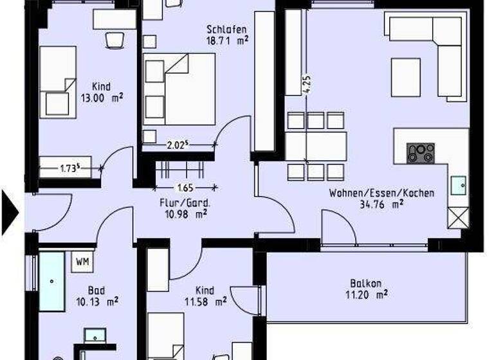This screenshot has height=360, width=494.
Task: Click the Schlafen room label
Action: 227,30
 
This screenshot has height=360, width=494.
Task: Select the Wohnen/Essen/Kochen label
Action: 381,193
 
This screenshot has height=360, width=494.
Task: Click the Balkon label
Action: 366,283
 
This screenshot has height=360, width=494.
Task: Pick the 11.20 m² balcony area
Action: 366,295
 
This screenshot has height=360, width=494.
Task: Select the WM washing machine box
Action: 82,261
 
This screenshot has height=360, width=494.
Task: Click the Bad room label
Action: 96,290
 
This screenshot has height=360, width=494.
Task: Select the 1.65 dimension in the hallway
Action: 185,188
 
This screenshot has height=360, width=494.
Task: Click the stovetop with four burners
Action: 421,153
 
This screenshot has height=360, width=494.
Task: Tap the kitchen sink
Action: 459,185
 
